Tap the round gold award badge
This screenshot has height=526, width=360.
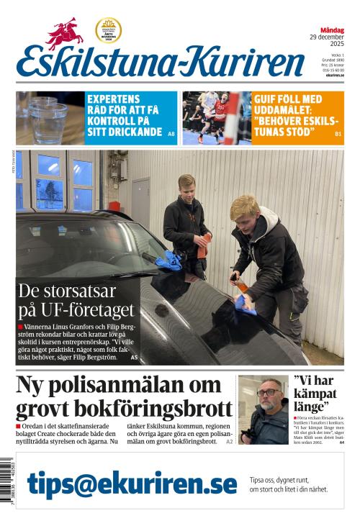click(x=108, y=30)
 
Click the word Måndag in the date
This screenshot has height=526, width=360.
click(x=332, y=30)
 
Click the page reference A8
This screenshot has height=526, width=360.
click(x=171, y=135)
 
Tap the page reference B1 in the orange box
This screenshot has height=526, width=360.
click(x=338, y=135)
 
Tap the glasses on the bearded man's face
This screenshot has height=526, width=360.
click(x=267, y=393)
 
